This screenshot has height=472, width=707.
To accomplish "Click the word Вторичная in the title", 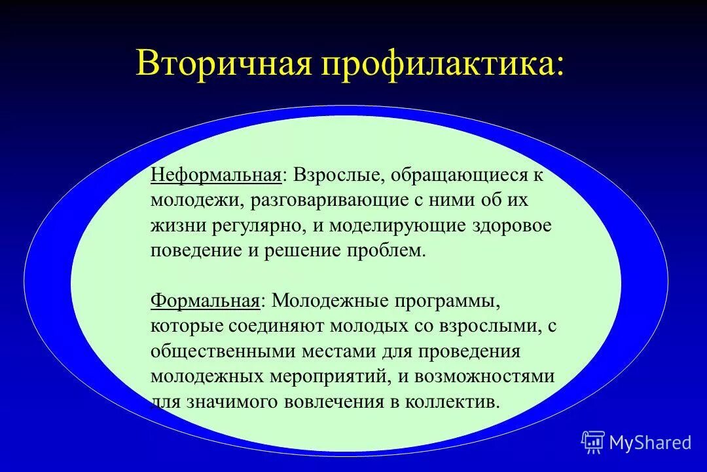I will coord(223,63).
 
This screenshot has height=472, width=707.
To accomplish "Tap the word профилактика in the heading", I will coord(437,64).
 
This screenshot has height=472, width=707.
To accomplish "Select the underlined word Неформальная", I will coord(217,176).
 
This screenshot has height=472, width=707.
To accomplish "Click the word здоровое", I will coord(511,226).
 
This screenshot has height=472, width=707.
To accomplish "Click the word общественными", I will coord(223,351).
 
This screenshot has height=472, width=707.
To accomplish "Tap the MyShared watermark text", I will coord(650,443).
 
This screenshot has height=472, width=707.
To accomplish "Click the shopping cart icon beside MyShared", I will coord(592,442).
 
